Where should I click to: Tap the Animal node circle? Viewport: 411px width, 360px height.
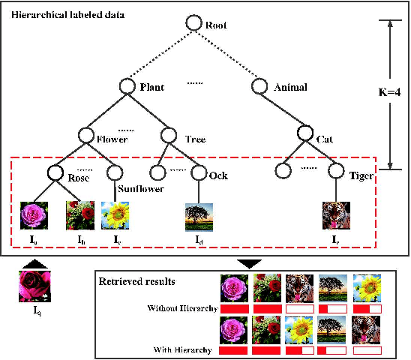click(259, 86)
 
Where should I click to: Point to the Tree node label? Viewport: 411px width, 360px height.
click(195, 138)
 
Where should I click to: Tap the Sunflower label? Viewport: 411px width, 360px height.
click(139, 188)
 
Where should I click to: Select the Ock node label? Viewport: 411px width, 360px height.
click(218, 176)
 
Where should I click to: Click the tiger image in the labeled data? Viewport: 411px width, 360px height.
click(336, 214)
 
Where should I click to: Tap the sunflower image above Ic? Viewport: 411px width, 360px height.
click(117, 214)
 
